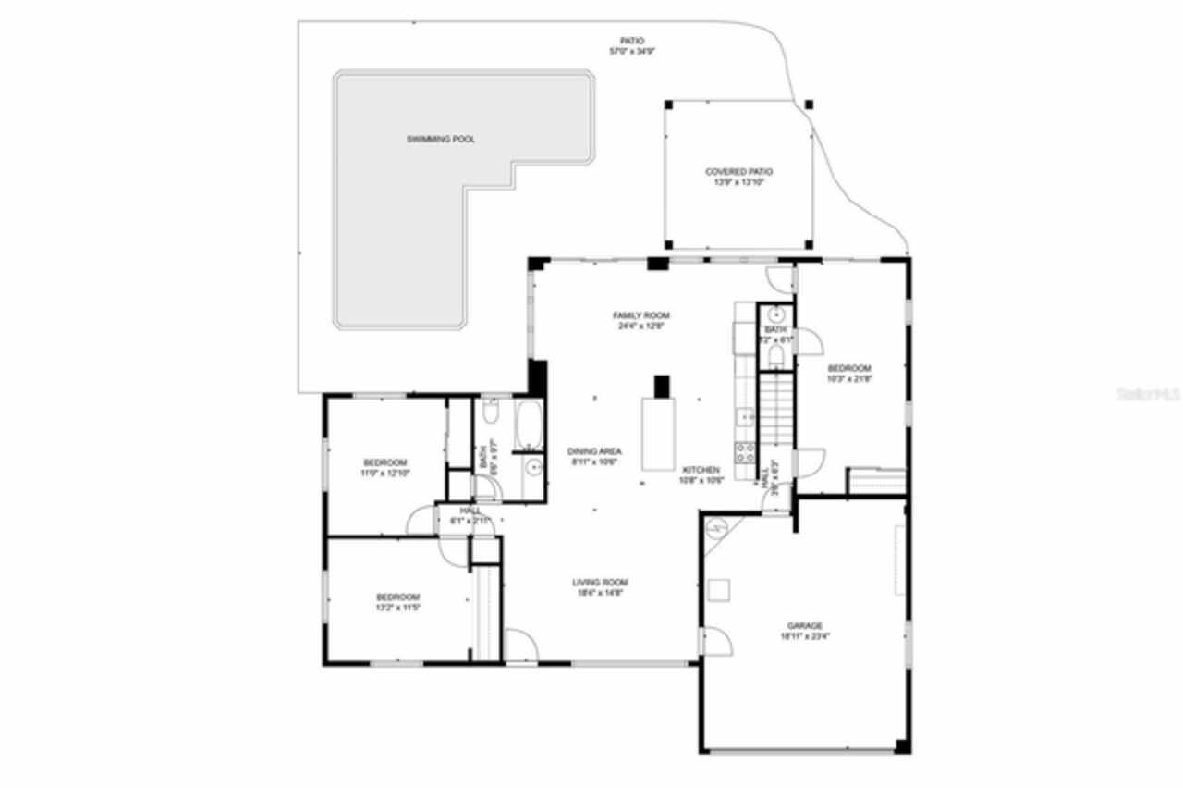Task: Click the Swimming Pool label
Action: [441, 140]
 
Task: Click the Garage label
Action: [804, 626]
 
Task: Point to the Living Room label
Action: [600, 583]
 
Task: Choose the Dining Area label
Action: [594, 452]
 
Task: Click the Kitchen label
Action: [701, 470]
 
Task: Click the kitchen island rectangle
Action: [658, 434]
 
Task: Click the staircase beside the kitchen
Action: [776, 407]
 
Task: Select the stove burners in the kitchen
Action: [744, 452]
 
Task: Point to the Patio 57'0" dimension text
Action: [632, 52]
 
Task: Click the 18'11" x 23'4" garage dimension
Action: [804, 636]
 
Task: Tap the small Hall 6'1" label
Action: [470, 516]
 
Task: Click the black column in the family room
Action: [661, 386]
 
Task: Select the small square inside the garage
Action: [718, 589]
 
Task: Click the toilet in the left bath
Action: [492, 409]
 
